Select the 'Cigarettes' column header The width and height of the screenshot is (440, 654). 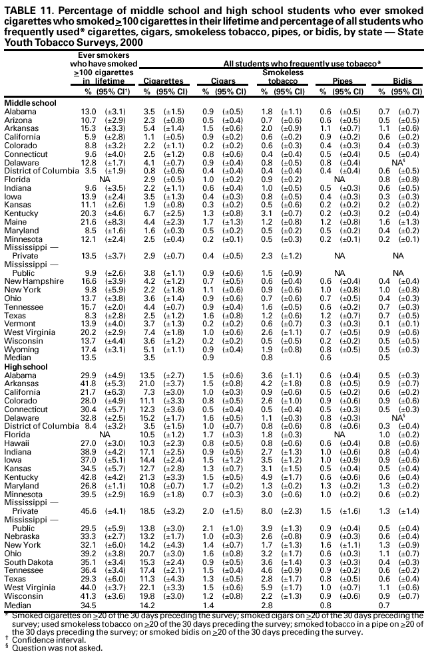(163, 80)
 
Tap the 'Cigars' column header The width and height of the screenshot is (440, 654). (223, 80)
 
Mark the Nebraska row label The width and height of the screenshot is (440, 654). (22, 536)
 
